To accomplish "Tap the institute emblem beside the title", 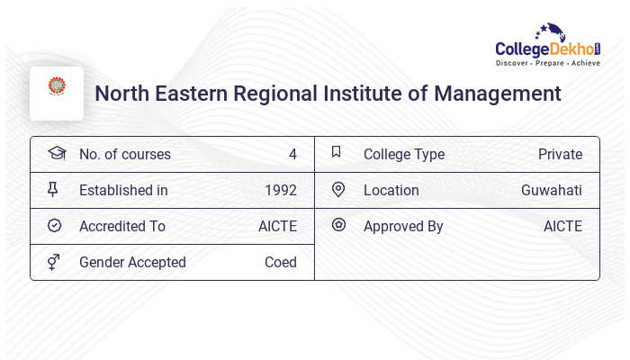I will point(57,88).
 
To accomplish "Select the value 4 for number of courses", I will point(292,155).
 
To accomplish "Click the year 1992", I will point(281,191).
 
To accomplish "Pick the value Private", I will point(560,155).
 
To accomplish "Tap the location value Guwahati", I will point(551,191).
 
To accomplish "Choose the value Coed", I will point(281,263).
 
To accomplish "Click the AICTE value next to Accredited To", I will point(277,227).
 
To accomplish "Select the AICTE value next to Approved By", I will point(562,227).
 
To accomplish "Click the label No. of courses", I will point(125,155).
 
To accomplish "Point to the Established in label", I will point(123,191).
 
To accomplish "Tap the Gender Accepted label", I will point(132,263).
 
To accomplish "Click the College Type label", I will point(404,155).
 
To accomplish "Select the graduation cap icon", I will point(56,153).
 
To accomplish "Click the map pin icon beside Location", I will point(338,189).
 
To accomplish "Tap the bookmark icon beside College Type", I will point(337,152).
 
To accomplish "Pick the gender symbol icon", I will point(54,262).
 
